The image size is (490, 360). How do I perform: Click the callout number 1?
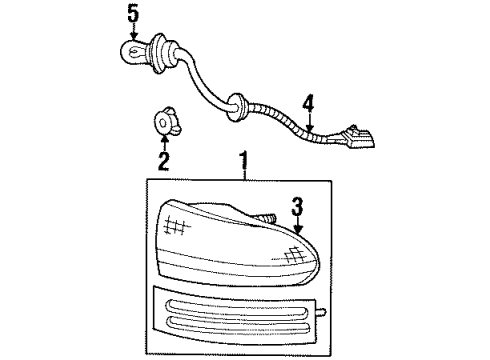coord(242,159)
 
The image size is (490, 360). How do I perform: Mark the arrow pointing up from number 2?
coord(165,140)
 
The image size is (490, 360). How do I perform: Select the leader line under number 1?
coord(242,173)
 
